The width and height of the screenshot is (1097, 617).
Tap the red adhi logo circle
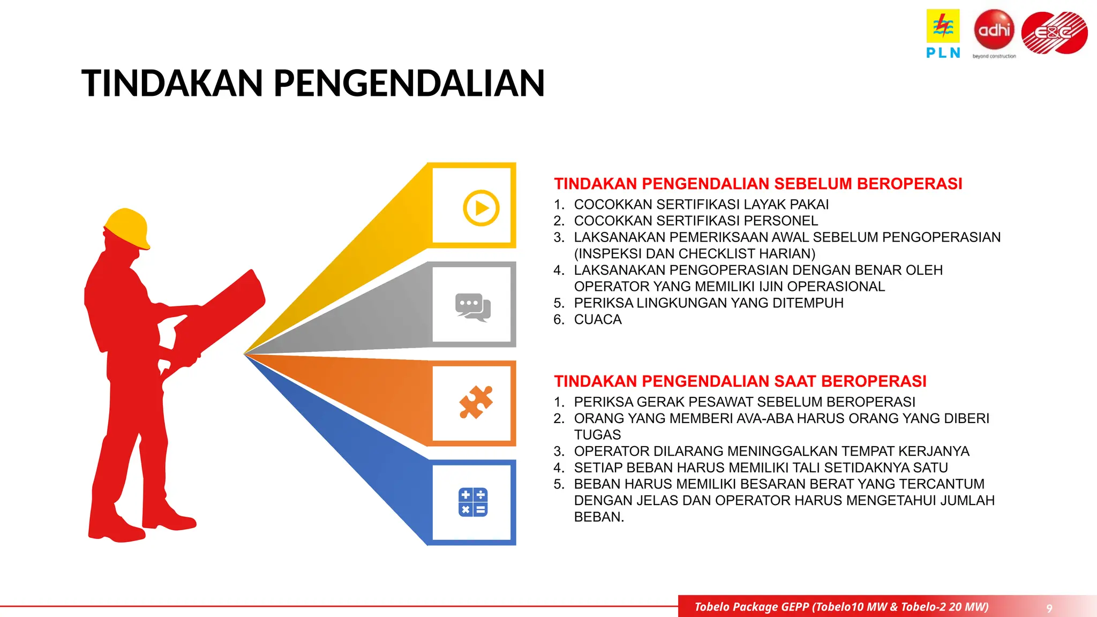tap(994, 29)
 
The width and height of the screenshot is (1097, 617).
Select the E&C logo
tap(1054, 33)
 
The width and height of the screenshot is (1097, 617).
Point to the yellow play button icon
tap(481, 208)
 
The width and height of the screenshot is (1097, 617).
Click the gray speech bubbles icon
tap(473, 307)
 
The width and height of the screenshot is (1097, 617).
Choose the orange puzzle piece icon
tap(476, 402)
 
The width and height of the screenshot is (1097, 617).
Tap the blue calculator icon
tap(473, 502)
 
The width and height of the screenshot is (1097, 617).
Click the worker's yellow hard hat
tap(128, 227)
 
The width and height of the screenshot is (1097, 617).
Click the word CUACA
tap(598, 320)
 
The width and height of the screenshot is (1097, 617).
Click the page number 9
tap(1049, 608)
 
